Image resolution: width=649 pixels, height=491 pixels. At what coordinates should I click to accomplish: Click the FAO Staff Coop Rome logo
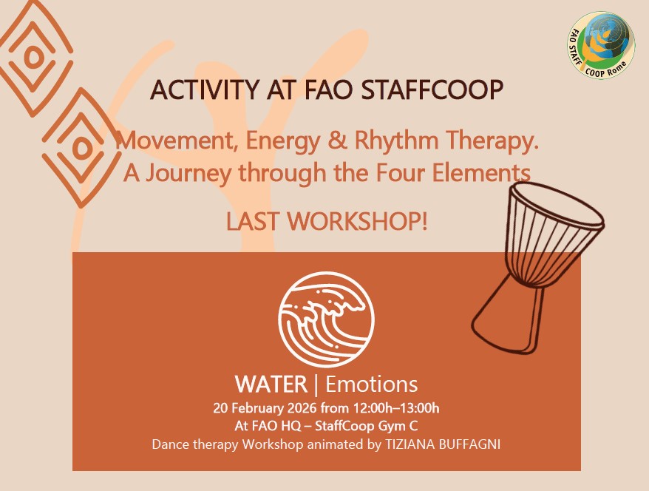tap(600, 45)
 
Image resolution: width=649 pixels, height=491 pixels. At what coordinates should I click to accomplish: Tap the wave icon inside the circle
tap(326, 319)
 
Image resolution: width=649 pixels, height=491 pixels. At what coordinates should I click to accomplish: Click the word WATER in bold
tap(271, 385)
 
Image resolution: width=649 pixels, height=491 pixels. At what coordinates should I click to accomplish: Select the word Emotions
tap(371, 385)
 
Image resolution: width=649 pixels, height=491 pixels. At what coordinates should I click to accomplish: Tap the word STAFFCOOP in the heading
tap(432, 89)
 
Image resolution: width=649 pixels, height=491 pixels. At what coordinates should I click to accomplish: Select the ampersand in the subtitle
tap(337, 140)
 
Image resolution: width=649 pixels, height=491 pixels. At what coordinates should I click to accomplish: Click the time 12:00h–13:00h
tap(395, 408)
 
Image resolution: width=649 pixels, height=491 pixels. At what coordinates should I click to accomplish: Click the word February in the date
tap(257, 408)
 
